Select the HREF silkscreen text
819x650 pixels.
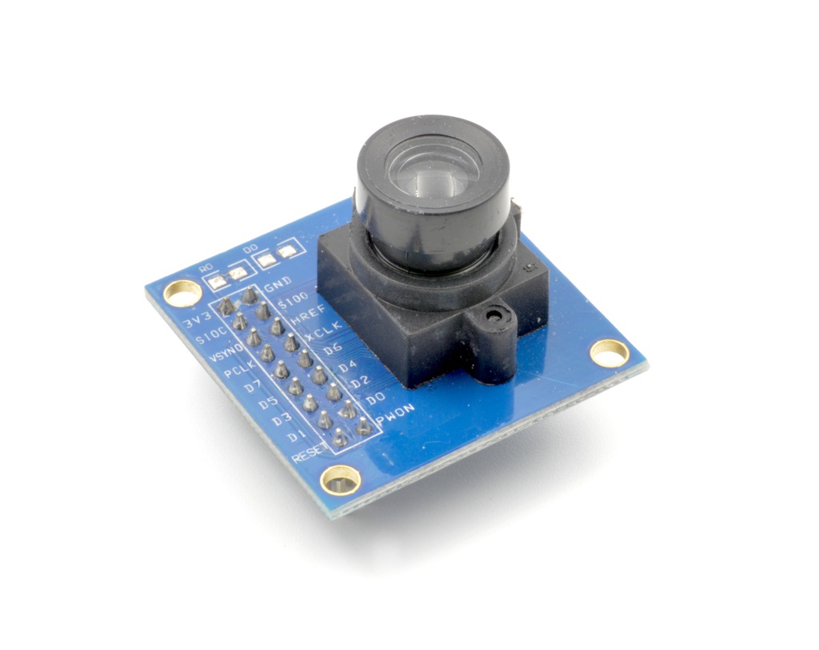(x=306, y=317)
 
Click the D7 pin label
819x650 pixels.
(x=254, y=387)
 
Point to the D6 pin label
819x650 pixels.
(x=334, y=349)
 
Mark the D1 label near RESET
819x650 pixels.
(x=297, y=436)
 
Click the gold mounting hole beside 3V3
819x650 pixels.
(x=182, y=293)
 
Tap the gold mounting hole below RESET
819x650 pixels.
(x=340, y=479)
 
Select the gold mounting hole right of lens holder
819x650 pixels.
(x=609, y=352)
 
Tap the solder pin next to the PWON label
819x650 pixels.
(x=364, y=427)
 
